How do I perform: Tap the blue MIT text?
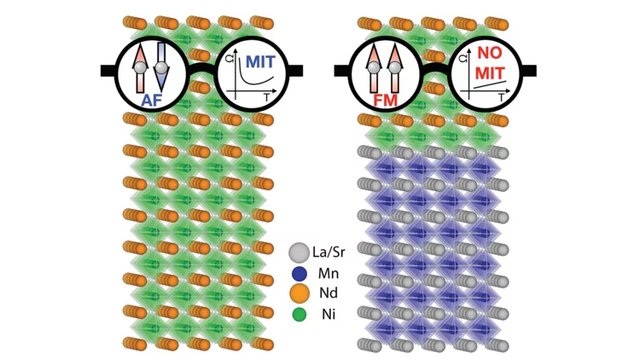pos(260,61)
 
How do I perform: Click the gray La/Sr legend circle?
pos(298,253)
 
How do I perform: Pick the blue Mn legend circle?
pos(298,275)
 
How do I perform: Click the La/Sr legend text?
pos(334,253)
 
